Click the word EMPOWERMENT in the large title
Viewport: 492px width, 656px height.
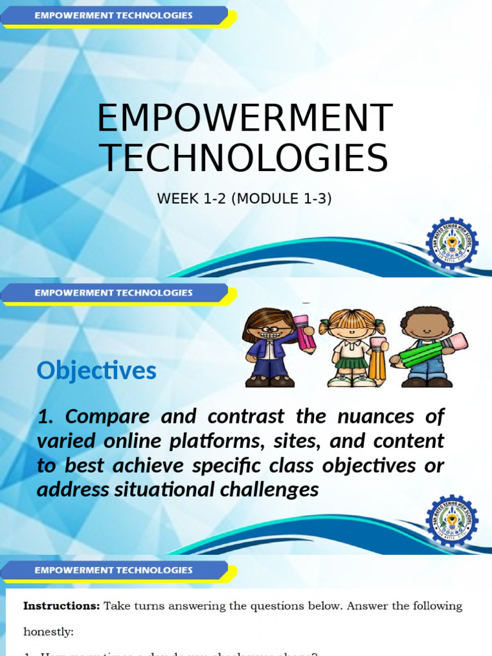(x=244, y=119)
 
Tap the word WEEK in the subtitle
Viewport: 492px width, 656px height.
(x=175, y=199)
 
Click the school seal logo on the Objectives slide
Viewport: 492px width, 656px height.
(x=452, y=520)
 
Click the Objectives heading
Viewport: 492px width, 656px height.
(x=97, y=370)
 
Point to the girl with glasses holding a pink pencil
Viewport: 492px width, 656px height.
(x=270, y=347)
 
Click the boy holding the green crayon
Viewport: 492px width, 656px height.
(x=425, y=347)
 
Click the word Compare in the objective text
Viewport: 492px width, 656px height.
(x=107, y=416)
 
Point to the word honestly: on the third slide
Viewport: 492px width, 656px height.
(x=49, y=632)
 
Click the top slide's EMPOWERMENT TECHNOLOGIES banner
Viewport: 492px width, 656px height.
(x=113, y=15)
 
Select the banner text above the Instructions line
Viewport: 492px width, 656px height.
(x=113, y=570)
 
